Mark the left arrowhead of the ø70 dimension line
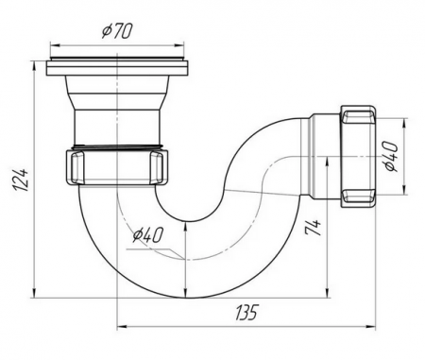[50, 45]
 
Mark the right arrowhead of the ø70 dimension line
[191, 45]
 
